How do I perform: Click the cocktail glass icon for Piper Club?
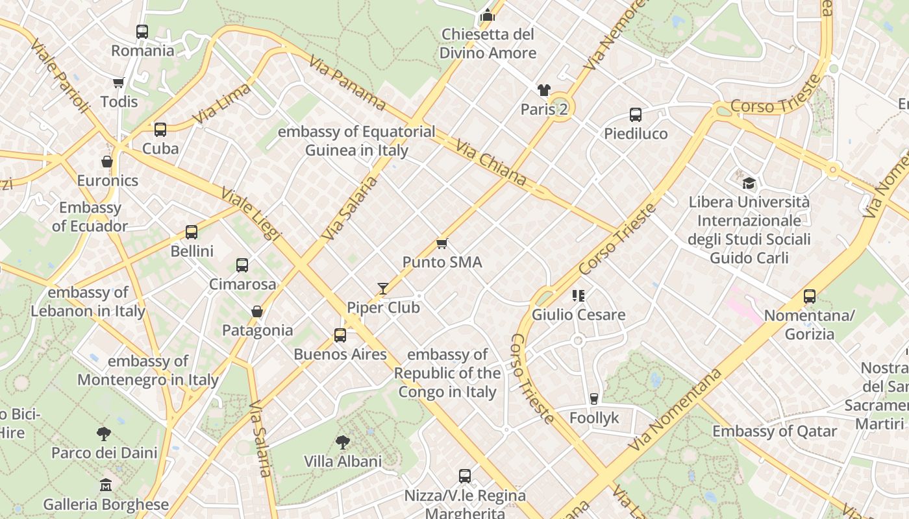click(383, 288)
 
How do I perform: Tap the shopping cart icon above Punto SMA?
click(442, 243)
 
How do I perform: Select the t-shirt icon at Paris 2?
click(543, 90)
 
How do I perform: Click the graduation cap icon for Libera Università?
click(749, 183)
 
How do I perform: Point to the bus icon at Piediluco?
click(636, 115)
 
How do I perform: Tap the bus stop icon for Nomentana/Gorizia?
click(810, 296)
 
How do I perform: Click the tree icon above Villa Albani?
click(343, 442)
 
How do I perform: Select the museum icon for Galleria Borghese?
click(106, 485)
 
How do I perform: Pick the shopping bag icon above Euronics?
click(107, 161)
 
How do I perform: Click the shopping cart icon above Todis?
click(119, 82)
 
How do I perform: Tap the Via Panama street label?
click(347, 82)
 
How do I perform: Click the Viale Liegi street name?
click(251, 214)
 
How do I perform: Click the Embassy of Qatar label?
click(775, 431)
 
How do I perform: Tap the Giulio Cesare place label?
click(579, 315)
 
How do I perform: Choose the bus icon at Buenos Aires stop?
click(340, 335)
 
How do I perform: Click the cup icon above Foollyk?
click(594, 398)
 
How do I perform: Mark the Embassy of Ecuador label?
click(90, 217)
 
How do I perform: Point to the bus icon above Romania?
click(142, 31)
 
